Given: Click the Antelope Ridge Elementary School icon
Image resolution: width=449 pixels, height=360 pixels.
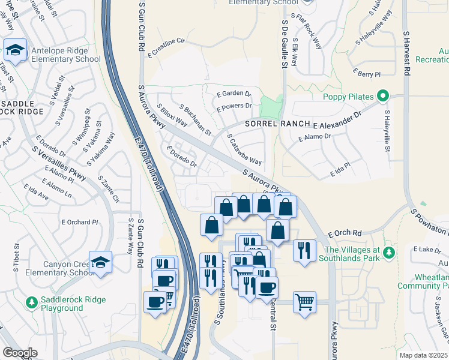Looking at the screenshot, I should coord(14,50).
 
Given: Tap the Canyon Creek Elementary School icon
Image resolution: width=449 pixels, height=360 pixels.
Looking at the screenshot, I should coord(101,262).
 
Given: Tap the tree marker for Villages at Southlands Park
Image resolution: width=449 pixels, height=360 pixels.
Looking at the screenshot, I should coord(389,254).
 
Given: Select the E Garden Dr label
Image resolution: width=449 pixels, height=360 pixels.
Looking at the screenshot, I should coord(234,93).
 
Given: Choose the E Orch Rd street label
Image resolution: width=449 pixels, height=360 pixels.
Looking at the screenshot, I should coord(345,233).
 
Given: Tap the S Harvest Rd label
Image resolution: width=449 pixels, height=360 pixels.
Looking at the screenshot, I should coord(406,54).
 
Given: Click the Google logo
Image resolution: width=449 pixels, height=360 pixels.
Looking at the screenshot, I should coord(20,353).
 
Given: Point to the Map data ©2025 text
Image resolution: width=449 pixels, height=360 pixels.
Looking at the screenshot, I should coord(423,355).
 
